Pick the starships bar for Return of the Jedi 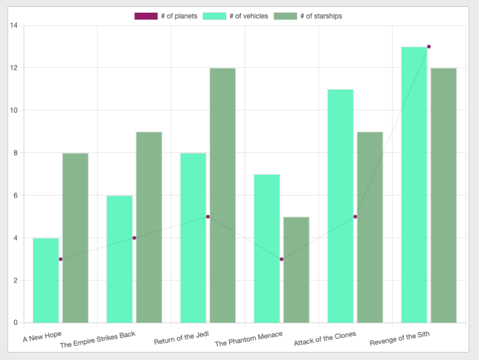tap(222, 196)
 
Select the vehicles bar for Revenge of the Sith tap(414, 185)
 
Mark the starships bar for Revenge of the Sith tap(443, 196)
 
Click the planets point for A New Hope tap(61, 259)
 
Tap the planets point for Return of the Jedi tap(208, 217)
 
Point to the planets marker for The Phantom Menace tap(282, 259)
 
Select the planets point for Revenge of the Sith tap(429, 47)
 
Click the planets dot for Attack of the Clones tap(355, 217)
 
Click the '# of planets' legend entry tap(166, 16)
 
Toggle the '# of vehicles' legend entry tap(235, 16)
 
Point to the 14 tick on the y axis tap(14, 25)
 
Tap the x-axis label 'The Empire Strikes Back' tap(98, 340)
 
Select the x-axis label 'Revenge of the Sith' tap(399, 339)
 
